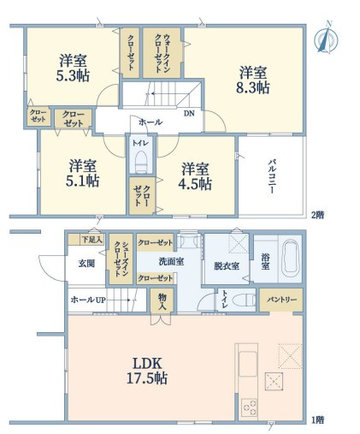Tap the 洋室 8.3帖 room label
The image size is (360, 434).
[253, 80]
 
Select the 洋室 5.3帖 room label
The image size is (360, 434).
[73, 68]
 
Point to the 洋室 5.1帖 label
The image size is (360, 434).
[83, 173]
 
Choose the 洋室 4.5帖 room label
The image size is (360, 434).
[195, 176]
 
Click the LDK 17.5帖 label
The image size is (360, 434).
[147, 371]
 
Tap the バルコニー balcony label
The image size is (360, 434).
[272, 176]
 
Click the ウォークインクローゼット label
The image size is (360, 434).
[162, 53]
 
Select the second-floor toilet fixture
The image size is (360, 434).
[140, 162]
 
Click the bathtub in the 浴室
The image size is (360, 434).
[291, 259]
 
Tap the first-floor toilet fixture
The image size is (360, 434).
[245, 300]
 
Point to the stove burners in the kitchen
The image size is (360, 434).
[249, 407]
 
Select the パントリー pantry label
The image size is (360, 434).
[281, 300]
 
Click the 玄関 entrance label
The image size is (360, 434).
[86, 264]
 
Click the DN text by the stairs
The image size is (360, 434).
[189, 114]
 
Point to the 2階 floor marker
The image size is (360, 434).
[317, 215]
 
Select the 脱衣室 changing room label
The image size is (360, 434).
[227, 266]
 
